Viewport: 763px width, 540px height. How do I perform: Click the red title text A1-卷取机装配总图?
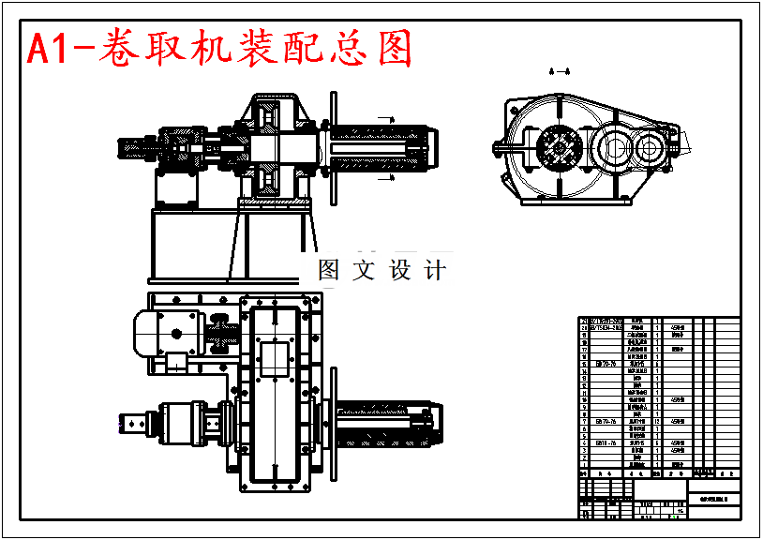(x=219, y=49)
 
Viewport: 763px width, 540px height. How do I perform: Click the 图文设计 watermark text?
(x=381, y=271)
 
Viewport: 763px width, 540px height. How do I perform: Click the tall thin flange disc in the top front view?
(x=332, y=148)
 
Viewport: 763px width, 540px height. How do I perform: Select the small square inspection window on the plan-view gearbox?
(x=277, y=359)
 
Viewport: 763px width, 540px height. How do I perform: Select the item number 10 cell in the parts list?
(x=584, y=400)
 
